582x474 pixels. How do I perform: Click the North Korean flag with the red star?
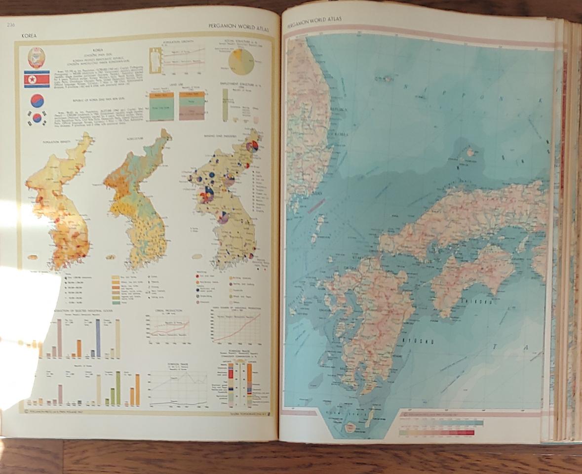coord(37,79)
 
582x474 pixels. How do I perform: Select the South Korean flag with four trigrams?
coord(37,117)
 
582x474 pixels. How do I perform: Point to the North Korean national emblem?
coord(36,57)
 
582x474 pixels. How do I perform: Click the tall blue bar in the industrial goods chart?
coord(98,338)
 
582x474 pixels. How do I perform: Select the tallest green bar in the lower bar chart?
coord(118,388)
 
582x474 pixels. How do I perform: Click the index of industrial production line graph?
coord(237,328)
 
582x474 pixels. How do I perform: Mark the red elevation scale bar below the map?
coord(436,433)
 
